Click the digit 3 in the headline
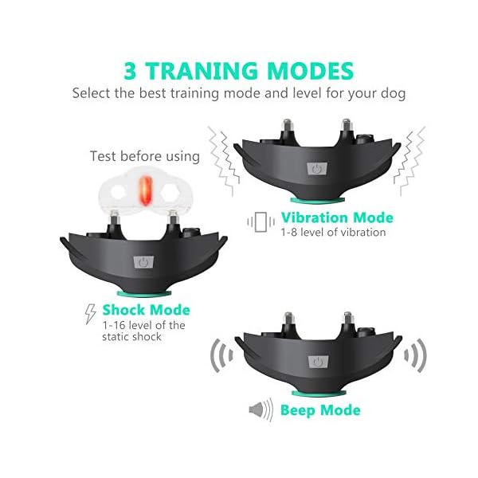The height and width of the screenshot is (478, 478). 133,69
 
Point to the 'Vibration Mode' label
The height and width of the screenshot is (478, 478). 336,217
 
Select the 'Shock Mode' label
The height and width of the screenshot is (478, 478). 146,309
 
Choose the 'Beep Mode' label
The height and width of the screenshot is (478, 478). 320,411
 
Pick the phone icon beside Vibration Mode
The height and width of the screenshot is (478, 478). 260,221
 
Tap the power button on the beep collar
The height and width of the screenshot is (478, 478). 319,363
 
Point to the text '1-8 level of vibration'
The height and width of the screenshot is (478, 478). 333,233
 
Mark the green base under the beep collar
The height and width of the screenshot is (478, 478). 319,392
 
